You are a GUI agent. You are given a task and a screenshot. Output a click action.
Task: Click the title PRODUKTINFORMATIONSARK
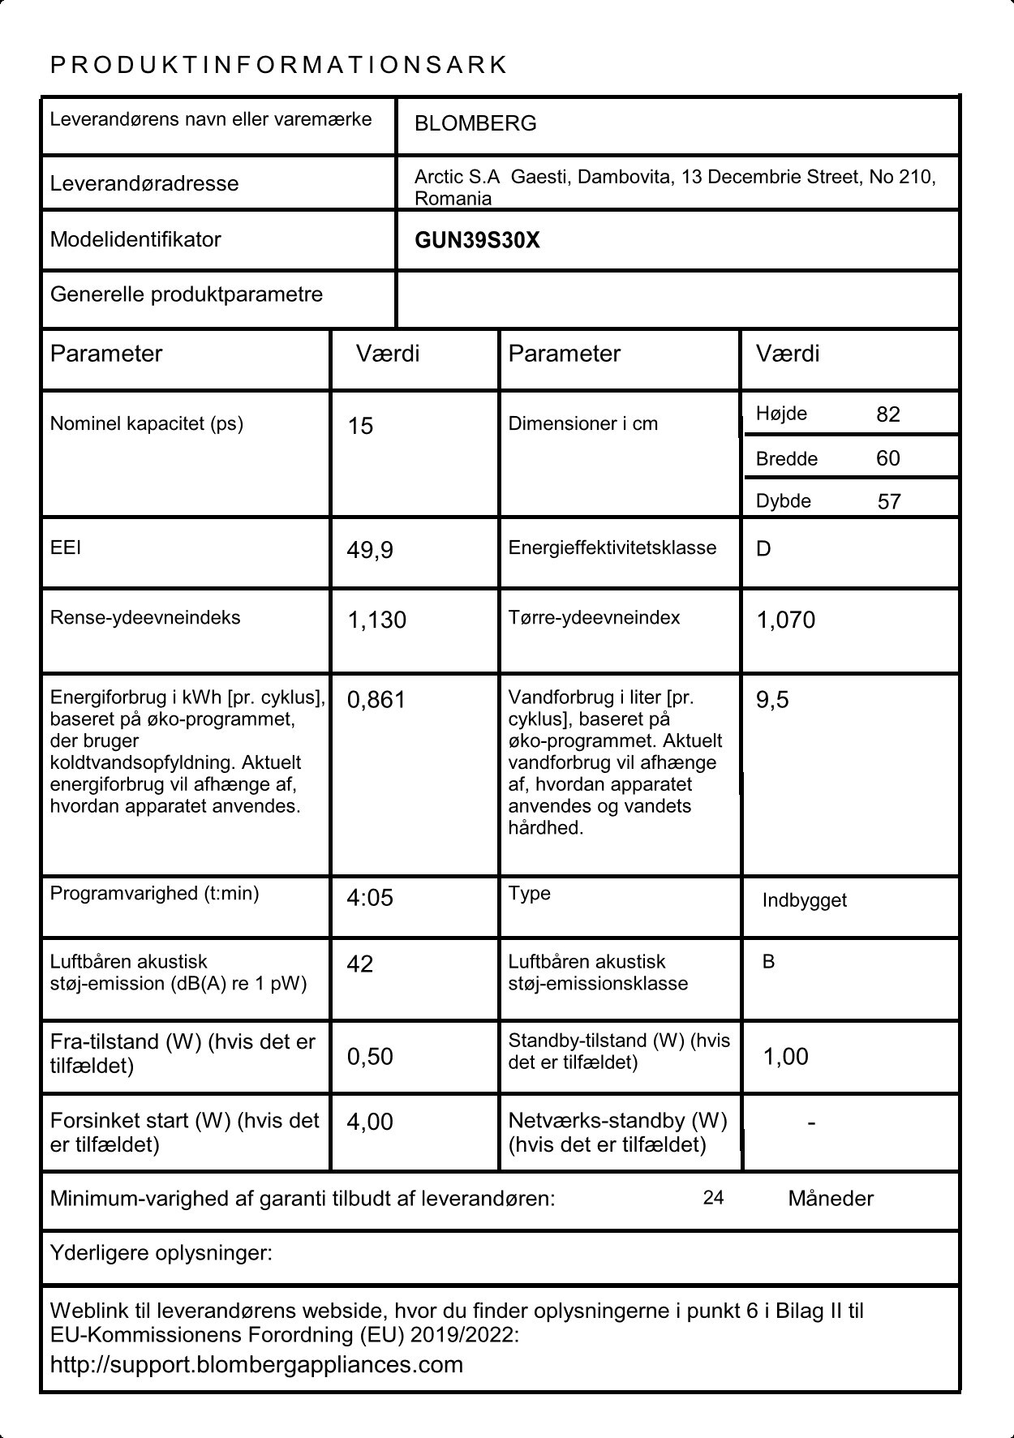click(278, 65)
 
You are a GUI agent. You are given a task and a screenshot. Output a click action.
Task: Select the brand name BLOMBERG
click(475, 124)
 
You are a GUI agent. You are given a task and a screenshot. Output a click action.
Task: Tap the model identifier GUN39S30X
click(477, 240)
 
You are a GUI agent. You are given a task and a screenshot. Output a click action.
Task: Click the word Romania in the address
click(453, 199)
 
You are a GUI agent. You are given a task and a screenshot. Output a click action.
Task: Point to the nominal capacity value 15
click(360, 426)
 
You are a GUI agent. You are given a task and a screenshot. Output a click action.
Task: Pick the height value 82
click(888, 414)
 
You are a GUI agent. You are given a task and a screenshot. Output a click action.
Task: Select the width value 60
click(888, 458)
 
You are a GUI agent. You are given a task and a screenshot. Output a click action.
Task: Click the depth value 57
click(889, 501)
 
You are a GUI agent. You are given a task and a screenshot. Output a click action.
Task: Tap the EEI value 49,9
click(370, 551)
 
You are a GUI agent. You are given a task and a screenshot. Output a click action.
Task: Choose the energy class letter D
click(763, 549)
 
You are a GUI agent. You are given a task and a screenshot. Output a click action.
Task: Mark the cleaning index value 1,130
click(376, 620)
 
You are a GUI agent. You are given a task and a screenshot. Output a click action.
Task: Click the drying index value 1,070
click(785, 620)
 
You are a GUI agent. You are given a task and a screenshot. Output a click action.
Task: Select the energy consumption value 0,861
click(376, 700)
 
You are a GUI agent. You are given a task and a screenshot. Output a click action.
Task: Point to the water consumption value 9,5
click(772, 700)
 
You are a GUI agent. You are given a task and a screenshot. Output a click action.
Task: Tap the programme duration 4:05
click(370, 898)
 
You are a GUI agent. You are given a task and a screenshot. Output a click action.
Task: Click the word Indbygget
click(804, 900)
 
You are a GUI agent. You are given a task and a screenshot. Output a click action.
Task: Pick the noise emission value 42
click(360, 964)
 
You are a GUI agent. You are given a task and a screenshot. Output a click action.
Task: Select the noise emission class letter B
click(768, 962)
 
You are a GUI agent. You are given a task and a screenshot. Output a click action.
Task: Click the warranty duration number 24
click(713, 1198)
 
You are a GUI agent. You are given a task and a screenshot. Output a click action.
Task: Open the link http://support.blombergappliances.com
click(256, 1364)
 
